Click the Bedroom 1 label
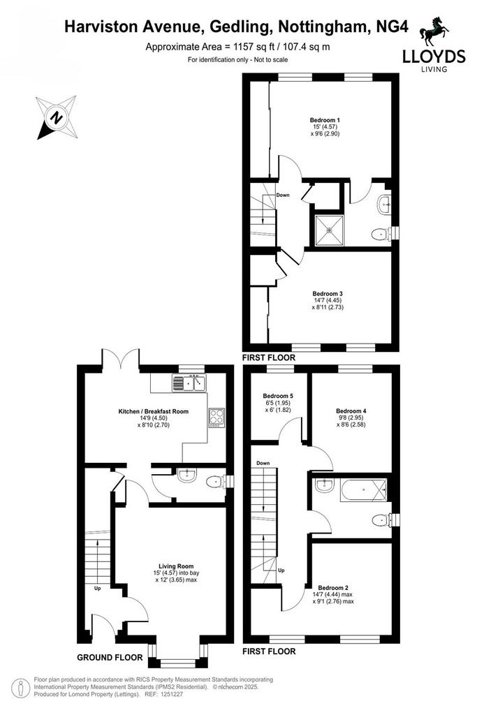[x=325, y=120]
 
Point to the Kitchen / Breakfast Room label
[x=153, y=411]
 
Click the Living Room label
[x=176, y=566]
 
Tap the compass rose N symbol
[x=56, y=117]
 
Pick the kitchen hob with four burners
[x=217, y=418]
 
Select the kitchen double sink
[x=189, y=383]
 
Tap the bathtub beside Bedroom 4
[x=363, y=490]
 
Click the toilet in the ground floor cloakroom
[x=214, y=482]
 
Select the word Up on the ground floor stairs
[x=97, y=588]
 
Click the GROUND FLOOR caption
[x=110, y=657]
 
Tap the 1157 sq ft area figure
[x=249, y=47]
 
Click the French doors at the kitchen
[x=120, y=358]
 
